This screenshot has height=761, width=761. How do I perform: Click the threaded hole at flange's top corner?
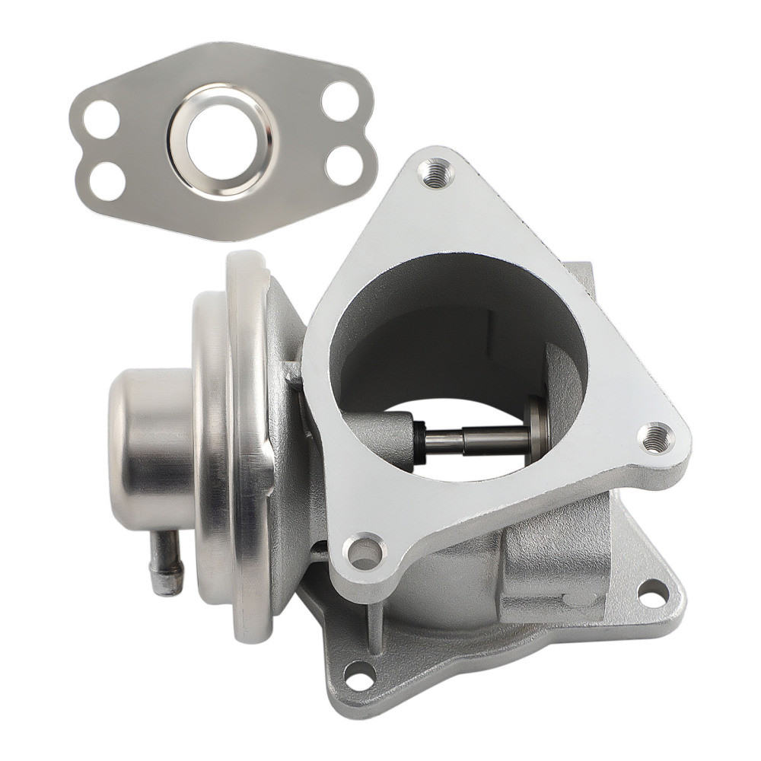tap(435, 173)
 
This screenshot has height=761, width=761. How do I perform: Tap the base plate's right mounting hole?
tap(651, 594)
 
